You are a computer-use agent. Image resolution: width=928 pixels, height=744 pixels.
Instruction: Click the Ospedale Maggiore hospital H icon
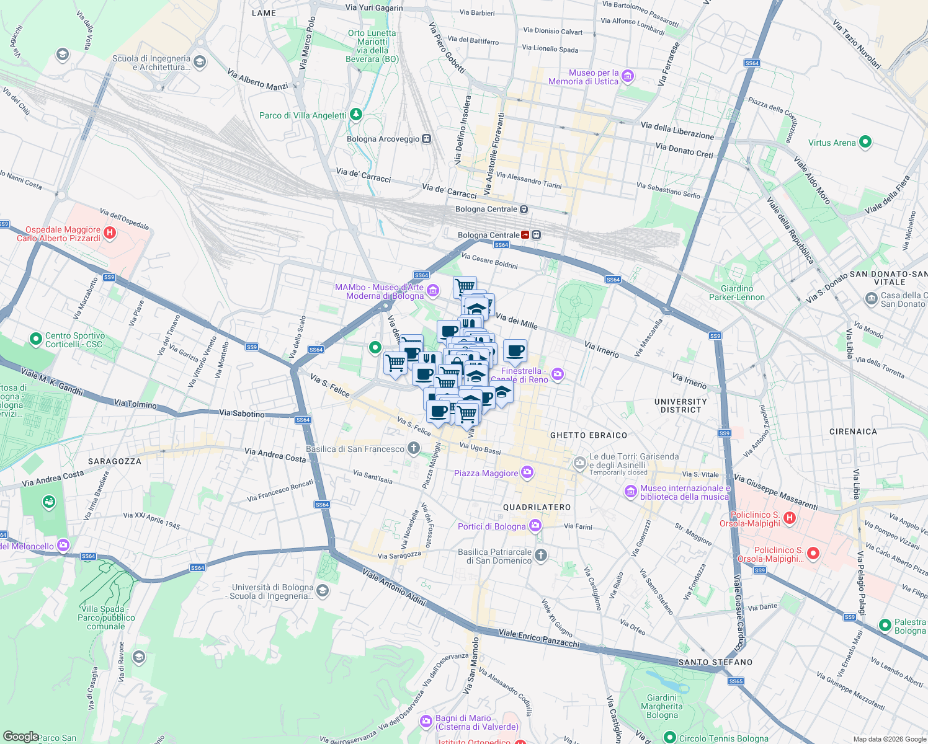110,233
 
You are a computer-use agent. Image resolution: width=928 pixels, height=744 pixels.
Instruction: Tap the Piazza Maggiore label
486,473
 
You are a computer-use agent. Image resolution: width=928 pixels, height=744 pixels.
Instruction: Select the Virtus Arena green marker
865,142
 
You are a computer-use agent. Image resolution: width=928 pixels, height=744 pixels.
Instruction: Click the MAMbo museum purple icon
433,291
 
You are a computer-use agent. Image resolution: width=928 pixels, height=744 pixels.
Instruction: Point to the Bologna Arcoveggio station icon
426,139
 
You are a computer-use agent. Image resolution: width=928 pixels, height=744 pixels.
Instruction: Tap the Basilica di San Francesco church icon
414,449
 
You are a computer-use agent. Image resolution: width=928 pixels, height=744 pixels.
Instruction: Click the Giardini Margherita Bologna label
662,706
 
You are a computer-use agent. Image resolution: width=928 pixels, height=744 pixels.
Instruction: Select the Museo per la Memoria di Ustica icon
628,76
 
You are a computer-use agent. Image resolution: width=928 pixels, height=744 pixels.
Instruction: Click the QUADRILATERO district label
537,507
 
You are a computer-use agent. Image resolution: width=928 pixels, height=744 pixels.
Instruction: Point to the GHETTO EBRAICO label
589,435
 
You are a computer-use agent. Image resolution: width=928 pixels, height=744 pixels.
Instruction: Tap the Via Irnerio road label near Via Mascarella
601,350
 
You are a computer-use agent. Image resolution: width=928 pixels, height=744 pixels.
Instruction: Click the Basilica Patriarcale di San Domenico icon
541,556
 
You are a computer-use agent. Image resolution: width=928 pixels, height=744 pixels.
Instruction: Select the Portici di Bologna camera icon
535,526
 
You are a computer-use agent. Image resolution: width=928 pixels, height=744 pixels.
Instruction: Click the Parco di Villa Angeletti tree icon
355,115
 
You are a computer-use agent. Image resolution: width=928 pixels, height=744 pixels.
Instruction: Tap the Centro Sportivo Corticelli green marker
35,339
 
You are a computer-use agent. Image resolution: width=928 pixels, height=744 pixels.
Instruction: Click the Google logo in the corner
20,736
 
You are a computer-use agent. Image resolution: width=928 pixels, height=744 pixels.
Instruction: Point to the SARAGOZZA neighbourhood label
115,461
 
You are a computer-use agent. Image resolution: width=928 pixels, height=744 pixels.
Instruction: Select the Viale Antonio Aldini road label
395,586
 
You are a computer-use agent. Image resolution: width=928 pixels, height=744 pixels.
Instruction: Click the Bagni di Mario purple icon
426,722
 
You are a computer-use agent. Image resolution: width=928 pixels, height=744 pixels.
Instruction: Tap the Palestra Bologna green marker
885,626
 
